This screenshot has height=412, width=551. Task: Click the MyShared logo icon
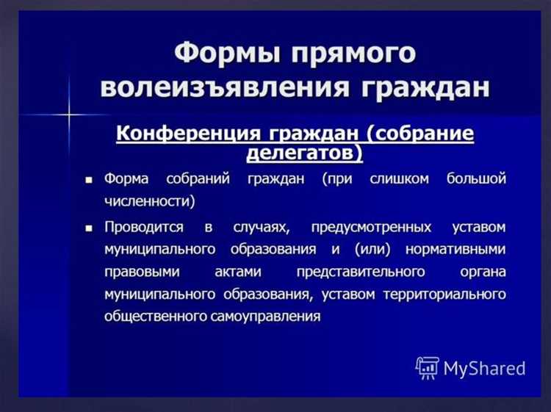tap(427, 367)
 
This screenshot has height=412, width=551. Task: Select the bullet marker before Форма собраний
tap(90, 180)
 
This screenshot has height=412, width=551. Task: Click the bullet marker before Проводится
tap(90, 228)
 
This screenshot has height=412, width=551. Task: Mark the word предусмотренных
tap(371, 228)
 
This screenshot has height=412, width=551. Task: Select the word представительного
tap(360, 272)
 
